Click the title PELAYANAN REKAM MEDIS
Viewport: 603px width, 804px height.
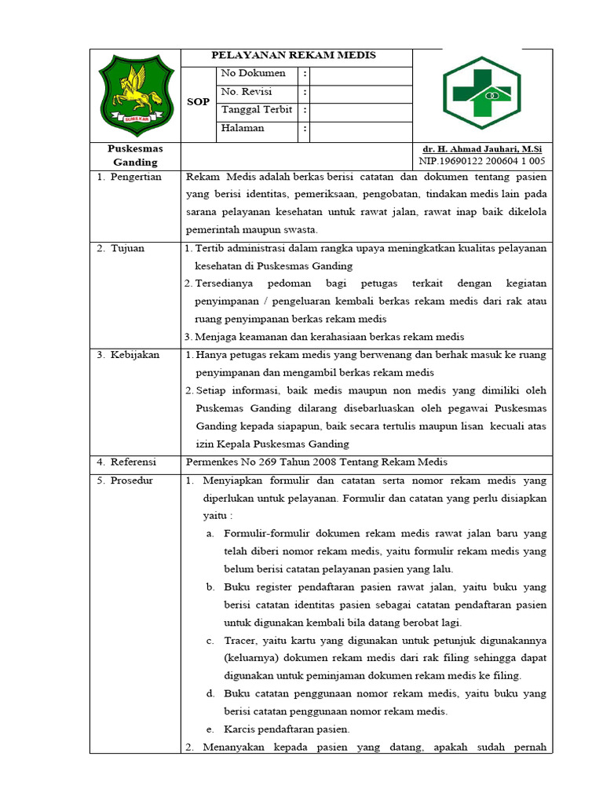(294, 55)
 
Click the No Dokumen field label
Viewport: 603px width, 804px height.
(253, 74)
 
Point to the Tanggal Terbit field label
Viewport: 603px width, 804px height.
(257, 110)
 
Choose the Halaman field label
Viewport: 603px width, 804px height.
(243, 129)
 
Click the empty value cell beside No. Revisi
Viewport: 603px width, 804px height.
(360, 93)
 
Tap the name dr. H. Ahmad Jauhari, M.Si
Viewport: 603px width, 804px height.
(482, 149)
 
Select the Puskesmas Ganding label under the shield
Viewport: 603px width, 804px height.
(135, 155)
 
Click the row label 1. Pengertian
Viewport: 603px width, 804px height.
(130, 177)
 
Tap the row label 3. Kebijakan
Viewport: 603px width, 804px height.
(129, 355)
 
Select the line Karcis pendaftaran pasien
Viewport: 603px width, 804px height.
(287, 729)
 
